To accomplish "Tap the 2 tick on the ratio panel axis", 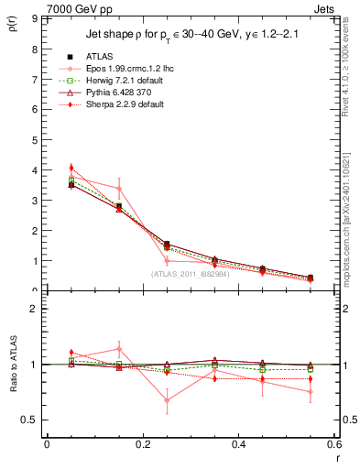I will point(35,309).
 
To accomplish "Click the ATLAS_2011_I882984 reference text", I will point(191,273).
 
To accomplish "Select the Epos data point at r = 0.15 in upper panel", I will point(118,189).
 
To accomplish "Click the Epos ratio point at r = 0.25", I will point(167,400).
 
